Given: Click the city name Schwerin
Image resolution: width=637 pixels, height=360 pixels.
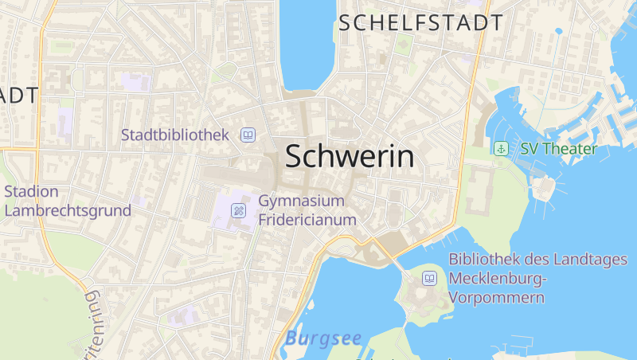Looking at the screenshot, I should (x=350, y=156).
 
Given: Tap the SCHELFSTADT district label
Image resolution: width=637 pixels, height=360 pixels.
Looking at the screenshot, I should (x=420, y=22).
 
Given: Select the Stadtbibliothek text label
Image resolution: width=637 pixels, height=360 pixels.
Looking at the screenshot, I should (x=175, y=135).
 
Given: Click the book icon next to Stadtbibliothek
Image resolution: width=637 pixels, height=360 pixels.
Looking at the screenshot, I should (x=248, y=135).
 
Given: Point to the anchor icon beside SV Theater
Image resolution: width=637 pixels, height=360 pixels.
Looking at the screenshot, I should (x=501, y=148).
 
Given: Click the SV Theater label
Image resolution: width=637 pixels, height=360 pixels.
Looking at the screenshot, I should (x=558, y=149).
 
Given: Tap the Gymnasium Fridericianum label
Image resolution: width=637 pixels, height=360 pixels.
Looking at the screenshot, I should (x=306, y=209).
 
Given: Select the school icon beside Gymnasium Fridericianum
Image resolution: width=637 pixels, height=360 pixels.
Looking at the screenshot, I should (x=238, y=210).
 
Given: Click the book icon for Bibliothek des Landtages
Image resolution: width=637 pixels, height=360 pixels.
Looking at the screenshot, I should (x=429, y=279).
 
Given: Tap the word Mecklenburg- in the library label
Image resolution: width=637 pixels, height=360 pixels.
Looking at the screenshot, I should (x=499, y=279).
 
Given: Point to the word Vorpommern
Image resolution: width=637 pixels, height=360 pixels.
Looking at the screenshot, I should (x=497, y=298).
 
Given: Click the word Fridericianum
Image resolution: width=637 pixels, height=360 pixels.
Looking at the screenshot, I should (x=307, y=219).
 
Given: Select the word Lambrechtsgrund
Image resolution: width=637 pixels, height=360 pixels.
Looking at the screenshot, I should (x=68, y=211).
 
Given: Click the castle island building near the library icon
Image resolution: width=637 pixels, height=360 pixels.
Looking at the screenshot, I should (x=420, y=296).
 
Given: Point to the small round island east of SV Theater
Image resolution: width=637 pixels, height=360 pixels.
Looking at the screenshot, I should (x=543, y=188).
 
